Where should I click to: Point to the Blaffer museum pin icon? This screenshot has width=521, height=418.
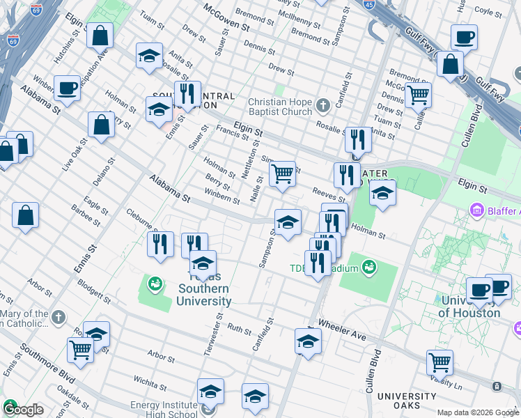click(x=476, y=210)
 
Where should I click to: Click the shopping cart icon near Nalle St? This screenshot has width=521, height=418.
click(x=281, y=173)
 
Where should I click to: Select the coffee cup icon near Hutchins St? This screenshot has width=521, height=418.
click(x=67, y=88)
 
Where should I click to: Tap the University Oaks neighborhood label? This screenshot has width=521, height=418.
click(x=407, y=402)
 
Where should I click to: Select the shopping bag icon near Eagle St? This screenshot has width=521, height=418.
click(x=25, y=215)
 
